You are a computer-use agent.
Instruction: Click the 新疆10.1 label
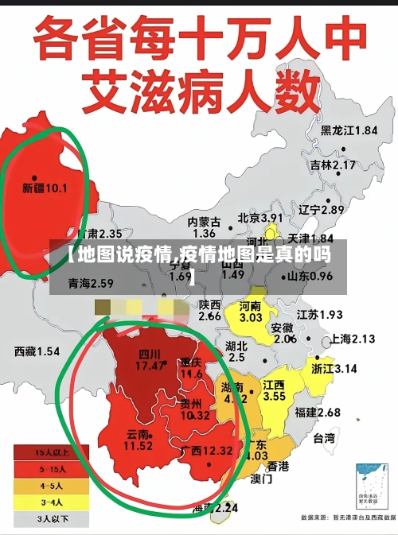click(45, 189)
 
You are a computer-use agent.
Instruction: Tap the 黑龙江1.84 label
click(349, 130)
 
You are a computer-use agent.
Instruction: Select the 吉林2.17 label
click(333, 165)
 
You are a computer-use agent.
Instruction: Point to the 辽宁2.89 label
click(321, 210)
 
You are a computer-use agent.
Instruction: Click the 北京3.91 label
click(260, 218)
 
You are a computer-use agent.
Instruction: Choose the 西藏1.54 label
click(37, 351)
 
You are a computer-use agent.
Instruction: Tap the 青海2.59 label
click(91, 283)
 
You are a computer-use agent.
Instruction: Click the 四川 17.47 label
click(150, 360)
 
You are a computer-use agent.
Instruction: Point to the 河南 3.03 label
click(251, 312)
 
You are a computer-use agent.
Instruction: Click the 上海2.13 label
click(352, 339)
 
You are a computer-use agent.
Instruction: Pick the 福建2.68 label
click(317, 413)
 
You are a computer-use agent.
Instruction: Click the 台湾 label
click(324, 438)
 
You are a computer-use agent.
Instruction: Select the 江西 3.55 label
click(275, 390)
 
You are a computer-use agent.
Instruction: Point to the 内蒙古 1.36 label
click(204, 227)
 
